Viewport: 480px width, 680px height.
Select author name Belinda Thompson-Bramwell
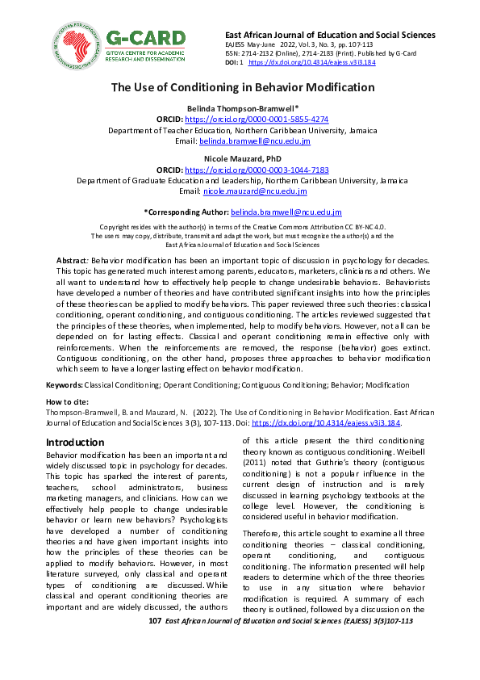239,107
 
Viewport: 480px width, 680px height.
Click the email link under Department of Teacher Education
255,141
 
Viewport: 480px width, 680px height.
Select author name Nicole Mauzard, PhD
240,160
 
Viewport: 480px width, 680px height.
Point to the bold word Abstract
72,262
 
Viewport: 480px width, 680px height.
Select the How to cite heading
67,401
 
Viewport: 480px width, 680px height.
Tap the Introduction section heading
75,442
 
